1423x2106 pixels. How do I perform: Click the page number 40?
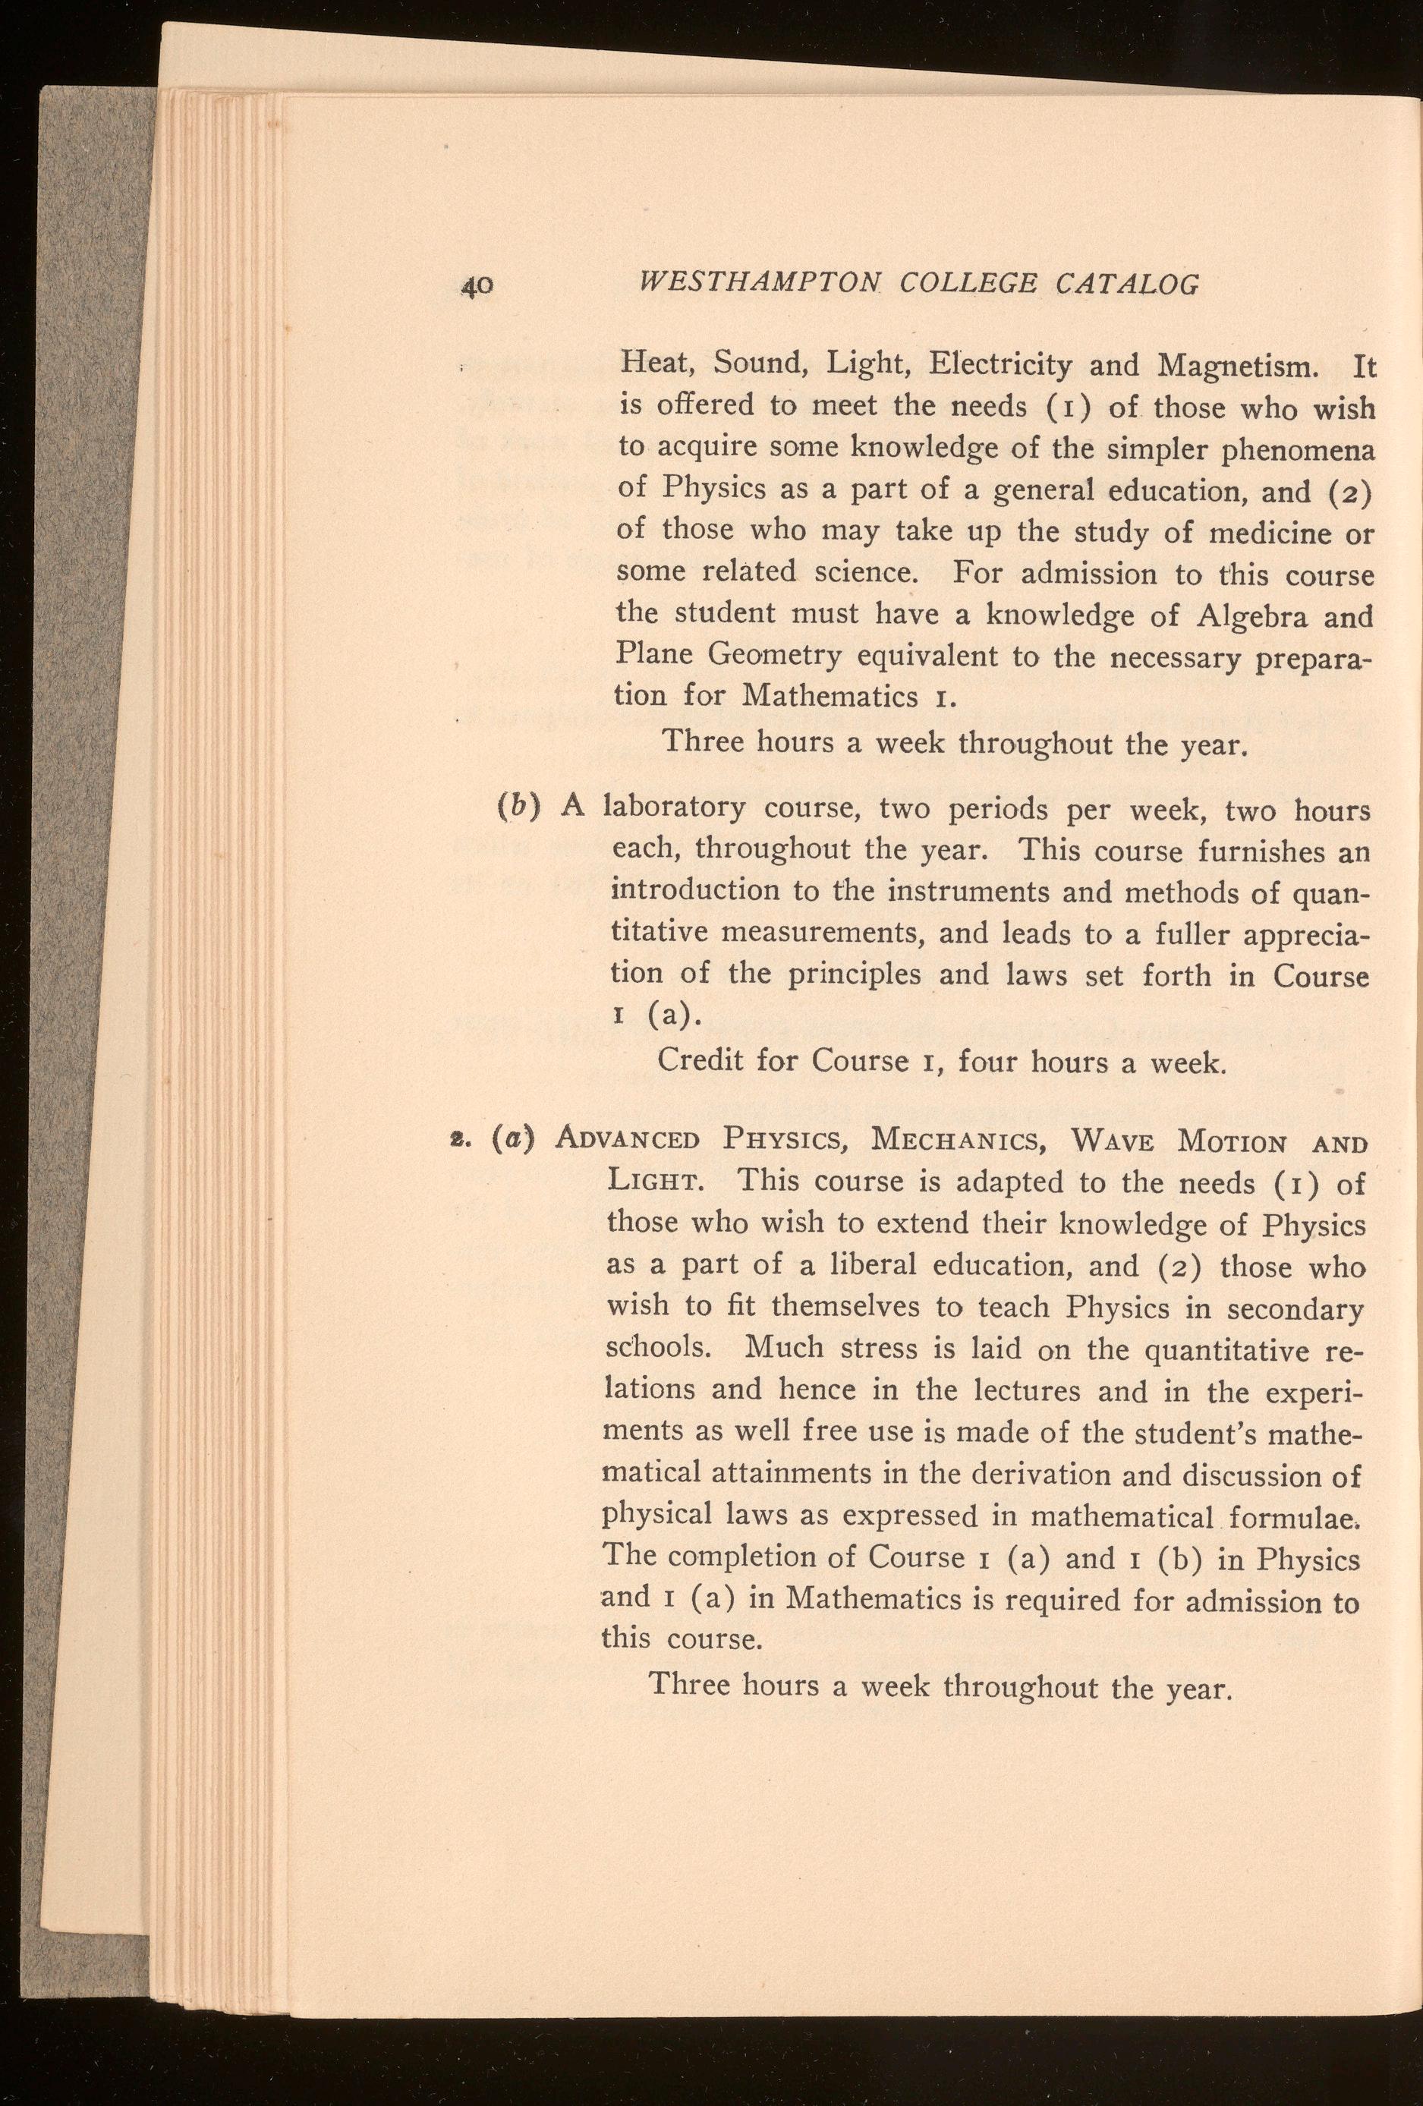pos(476,286)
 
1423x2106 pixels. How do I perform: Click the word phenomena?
pos(1296,452)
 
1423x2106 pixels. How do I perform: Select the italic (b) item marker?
pos(531,804)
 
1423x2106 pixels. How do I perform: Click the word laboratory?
pos(675,807)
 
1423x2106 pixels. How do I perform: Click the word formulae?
pos(1300,1516)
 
